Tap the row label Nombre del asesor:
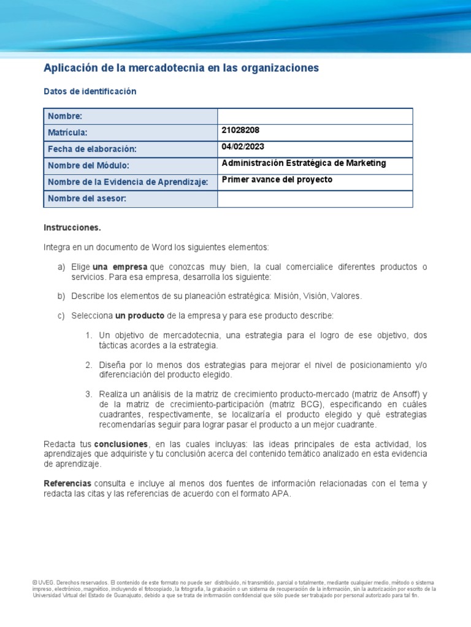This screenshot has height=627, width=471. [x=86, y=198]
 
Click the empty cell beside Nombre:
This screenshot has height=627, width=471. [x=315, y=116]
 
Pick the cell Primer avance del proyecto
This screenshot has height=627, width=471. [x=277, y=180]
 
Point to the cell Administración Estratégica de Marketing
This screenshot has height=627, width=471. [x=304, y=163]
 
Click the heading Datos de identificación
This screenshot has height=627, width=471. [x=90, y=91]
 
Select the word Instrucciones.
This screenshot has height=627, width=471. [x=72, y=227]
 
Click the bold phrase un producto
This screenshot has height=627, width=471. [x=139, y=315]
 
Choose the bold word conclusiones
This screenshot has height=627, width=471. [x=121, y=443]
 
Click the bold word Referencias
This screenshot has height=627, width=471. [x=67, y=483]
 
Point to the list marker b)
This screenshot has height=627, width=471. [x=61, y=296]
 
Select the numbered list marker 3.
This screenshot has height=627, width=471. [x=89, y=394]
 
